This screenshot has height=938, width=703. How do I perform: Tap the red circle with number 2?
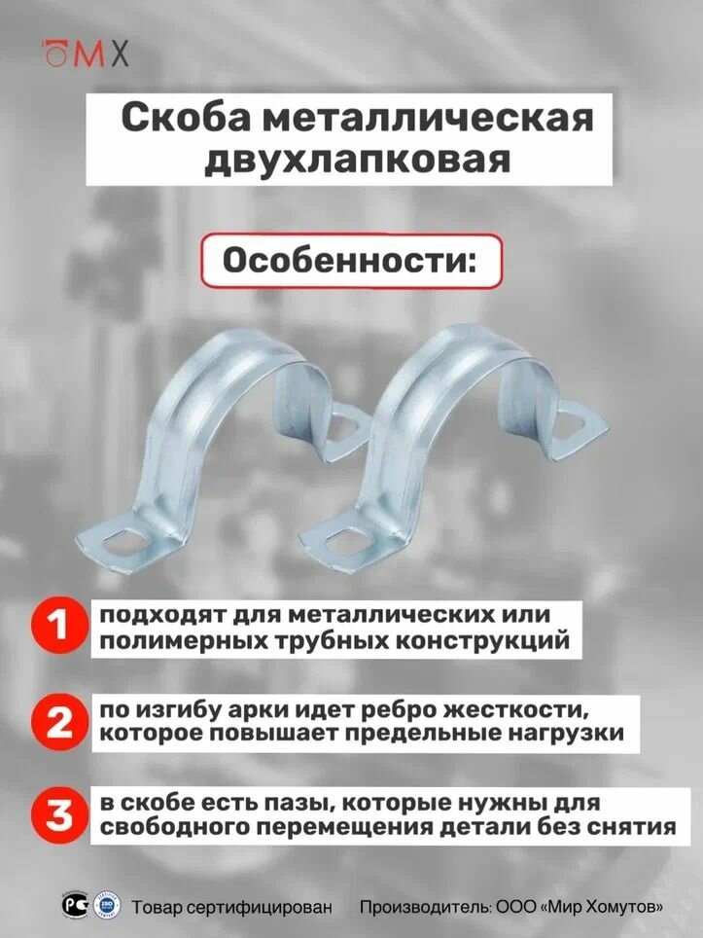pyautogui.click(x=59, y=722)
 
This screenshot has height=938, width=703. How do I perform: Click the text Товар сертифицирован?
pyautogui.click(x=231, y=907)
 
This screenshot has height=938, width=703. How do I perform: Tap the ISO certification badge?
pyautogui.click(x=102, y=907)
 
